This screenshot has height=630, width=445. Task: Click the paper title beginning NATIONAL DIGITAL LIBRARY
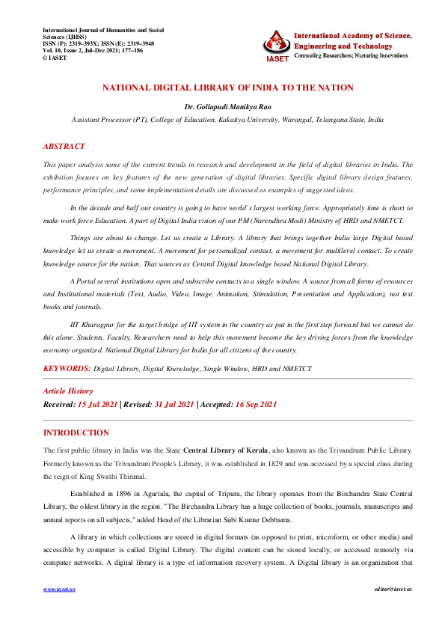click(228, 88)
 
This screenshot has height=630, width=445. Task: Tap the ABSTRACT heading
click(64, 147)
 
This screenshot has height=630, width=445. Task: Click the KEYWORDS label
click(67, 369)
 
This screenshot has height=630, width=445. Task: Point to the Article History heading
click(68, 391)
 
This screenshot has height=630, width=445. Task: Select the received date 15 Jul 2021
click(97, 404)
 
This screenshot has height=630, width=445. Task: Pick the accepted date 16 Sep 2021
click(256, 404)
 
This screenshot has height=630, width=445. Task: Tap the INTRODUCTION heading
click(76, 432)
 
